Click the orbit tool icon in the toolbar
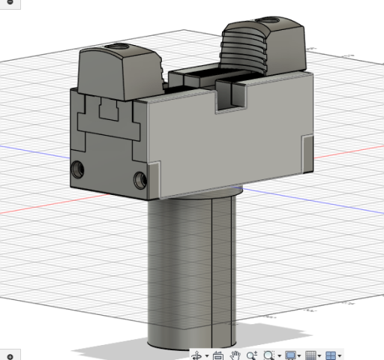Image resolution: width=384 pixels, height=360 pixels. coord(197,355)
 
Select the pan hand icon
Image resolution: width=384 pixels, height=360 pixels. coord(235,355)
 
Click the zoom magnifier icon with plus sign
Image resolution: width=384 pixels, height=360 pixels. coord(251,355)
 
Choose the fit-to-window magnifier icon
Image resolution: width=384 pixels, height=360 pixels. coord(268,355)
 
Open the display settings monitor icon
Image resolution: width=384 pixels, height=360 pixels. coord(290,355)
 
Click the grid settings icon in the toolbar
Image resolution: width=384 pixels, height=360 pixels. coord(310,355)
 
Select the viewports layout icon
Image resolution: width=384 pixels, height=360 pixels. coord(331,355)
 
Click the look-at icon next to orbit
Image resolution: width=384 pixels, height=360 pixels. coord(217,355)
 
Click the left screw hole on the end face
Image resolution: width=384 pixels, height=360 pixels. coord(76,166)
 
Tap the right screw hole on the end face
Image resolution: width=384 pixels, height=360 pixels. coord(139,179)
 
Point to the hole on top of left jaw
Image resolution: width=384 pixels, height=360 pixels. coord(118,49)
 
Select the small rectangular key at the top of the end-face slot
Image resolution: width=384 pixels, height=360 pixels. coord(110,112)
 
